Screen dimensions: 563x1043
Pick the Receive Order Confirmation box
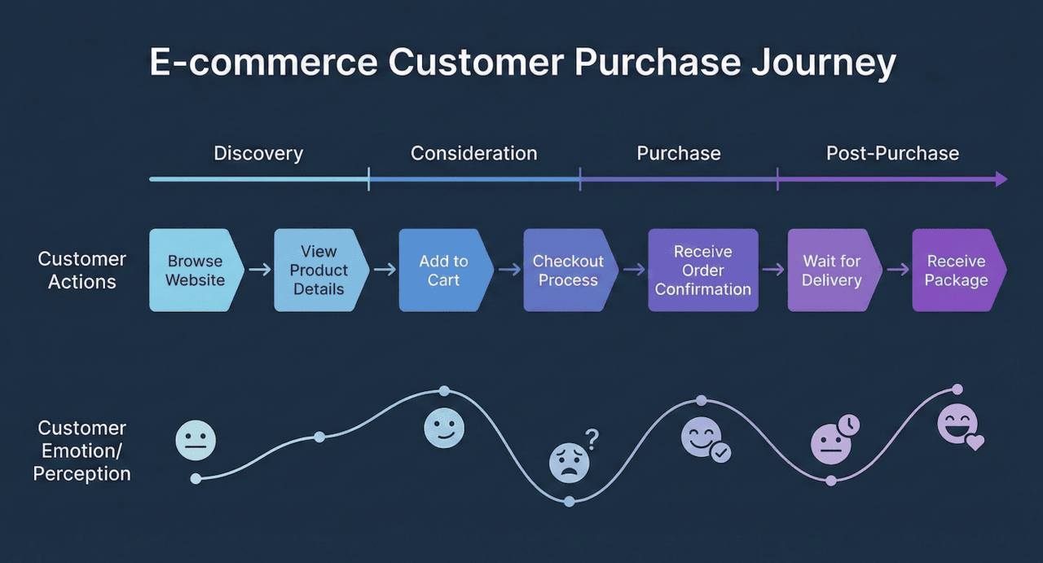[x=702, y=271]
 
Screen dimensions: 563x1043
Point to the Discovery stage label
[x=258, y=153]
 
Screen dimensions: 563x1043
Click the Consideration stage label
[x=473, y=153]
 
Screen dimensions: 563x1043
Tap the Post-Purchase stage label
[x=892, y=153]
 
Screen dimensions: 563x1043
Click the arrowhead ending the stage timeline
[x=1001, y=179]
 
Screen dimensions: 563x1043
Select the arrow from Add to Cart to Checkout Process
[x=509, y=270]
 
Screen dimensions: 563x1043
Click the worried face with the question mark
[x=569, y=463]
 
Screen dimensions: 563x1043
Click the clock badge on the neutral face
[x=849, y=424]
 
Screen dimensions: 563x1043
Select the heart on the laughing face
[x=975, y=442]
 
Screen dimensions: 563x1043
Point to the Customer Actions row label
[x=82, y=271]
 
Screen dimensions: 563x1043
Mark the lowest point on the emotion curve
[x=569, y=501]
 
